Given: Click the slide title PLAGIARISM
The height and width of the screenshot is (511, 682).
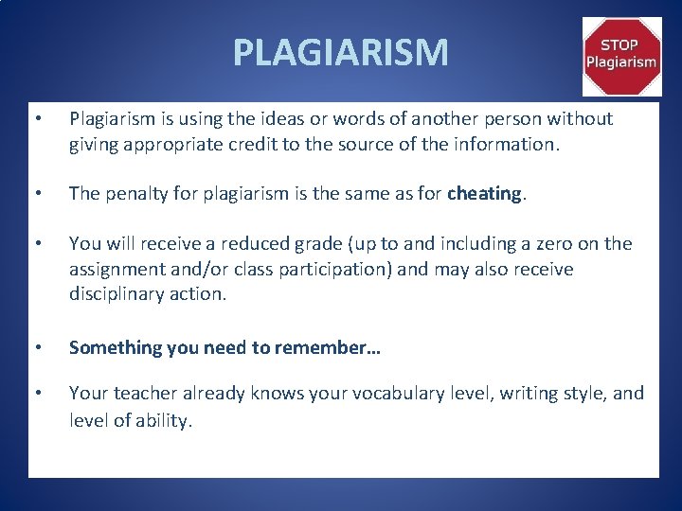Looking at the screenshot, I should coord(340,52).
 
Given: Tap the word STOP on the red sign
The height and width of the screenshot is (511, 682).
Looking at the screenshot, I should coord(620,44).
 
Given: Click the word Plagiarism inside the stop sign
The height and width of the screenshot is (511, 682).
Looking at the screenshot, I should coord(620,62).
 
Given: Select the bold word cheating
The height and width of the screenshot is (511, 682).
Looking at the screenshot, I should coord(484,194).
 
